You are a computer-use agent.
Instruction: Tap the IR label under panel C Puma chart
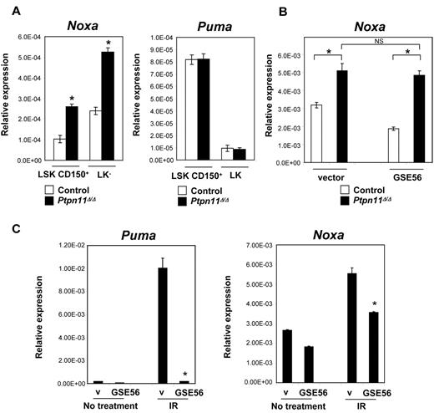pyautogui.click(x=179, y=407)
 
